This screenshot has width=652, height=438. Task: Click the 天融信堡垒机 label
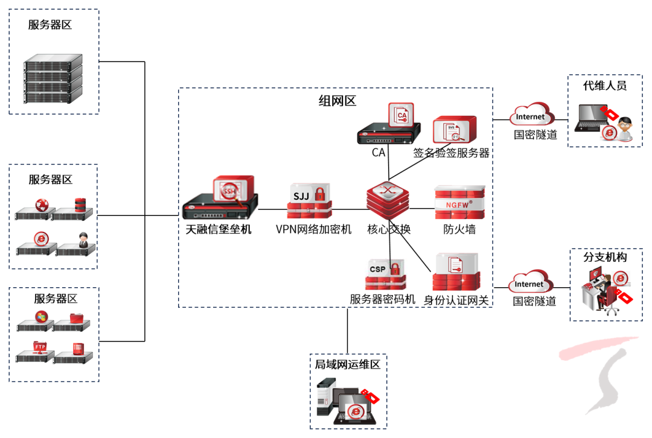pyautogui.click(x=219, y=229)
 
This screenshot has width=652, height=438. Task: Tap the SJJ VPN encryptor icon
pyautogui.click(x=309, y=201)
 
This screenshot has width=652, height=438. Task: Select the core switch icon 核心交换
pyautogui.click(x=388, y=200)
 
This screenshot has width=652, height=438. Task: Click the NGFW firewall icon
pyautogui.click(x=459, y=202)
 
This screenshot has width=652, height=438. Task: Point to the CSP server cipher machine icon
pyautogui.click(x=385, y=275)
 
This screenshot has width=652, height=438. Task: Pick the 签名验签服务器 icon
pyautogui.click(x=455, y=130)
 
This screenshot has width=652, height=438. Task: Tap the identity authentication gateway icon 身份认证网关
pyautogui.click(x=456, y=271)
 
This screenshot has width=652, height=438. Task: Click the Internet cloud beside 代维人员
pyautogui.click(x=532, y=114)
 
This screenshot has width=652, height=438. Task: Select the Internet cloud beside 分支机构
pyautogui.click(x=531, y=281)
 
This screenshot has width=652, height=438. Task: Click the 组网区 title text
pyautogui.click(x=337, y=101)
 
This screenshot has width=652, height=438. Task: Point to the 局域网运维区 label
pyautogui.click(x=348, y=364)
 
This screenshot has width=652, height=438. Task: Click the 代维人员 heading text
pyautogui.click(x=604, y=86)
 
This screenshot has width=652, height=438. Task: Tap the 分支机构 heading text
pyautogui.click(x=605, y=257)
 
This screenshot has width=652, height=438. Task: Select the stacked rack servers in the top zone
pyautogui.click(x=53, y=78)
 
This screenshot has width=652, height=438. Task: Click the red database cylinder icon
pyautogui.click(x=80, y=205)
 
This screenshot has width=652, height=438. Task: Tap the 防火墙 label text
pyautogui.click(x=459, y=229)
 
